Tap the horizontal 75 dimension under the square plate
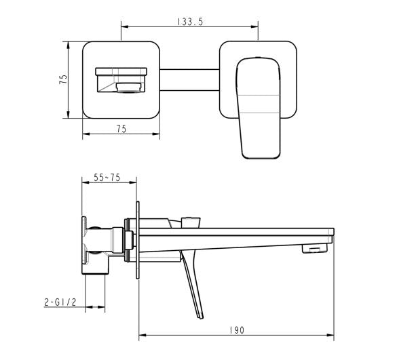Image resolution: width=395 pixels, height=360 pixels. pos(121,129)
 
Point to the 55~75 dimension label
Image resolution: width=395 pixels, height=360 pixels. pos(108,178)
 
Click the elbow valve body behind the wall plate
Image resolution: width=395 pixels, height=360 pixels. pos(102,244)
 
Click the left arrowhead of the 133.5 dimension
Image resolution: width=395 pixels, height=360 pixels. pos(123,26)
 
